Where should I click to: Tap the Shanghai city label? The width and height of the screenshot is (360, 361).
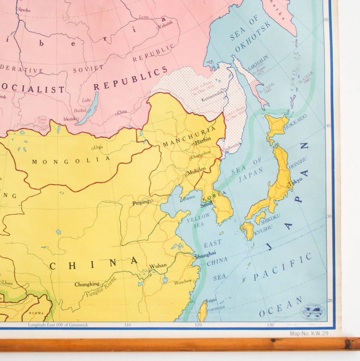pyautogui.click(x=205, y=254)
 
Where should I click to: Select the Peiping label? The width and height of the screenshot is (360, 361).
pyautogui.click(x=141, y=203)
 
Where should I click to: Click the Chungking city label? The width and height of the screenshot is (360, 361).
pyautogui.click(x=87, y=284)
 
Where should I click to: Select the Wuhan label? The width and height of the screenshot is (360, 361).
pyautogui.click(x=158, y=266)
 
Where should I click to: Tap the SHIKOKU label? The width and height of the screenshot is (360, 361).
pyautogui.click(x=270, y=219)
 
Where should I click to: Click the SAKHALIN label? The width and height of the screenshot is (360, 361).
pyautogui.click(x=257, y=64)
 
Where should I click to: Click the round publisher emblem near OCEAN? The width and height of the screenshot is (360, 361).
pyautogui.click(x=312, y=311)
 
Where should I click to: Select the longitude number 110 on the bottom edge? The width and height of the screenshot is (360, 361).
pyautogui.click(x=128, y=325)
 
